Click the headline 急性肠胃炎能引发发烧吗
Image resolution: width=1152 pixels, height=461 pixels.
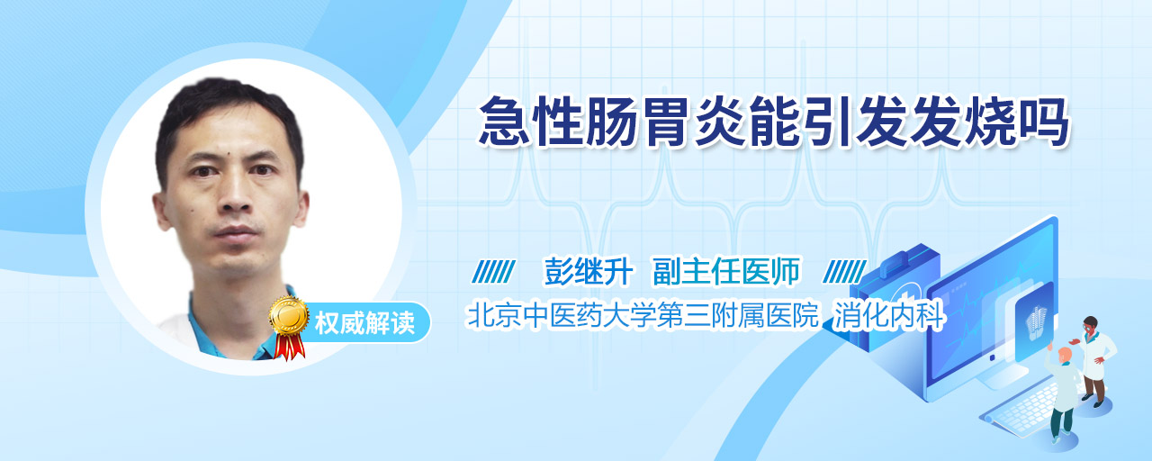click(x=774, y=122)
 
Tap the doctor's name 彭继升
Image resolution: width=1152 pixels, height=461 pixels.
click(x=589, y=271)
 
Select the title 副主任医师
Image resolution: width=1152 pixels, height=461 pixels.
click(x=726, y=271)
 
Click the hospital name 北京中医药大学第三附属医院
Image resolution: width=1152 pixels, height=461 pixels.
click(x=642, y=315)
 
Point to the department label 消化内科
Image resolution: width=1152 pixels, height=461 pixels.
click(x=888, y=315)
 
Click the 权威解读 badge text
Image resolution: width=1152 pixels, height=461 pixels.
click(x=364, y=323)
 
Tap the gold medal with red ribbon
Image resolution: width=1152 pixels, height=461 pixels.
click(x=289, y=327)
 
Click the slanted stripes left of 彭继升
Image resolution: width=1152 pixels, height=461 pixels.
click(x=493, y=272)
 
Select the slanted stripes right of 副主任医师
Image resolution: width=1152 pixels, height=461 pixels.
click(x=844, y=272)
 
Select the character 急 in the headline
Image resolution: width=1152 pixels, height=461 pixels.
click(x=504, y=122)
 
